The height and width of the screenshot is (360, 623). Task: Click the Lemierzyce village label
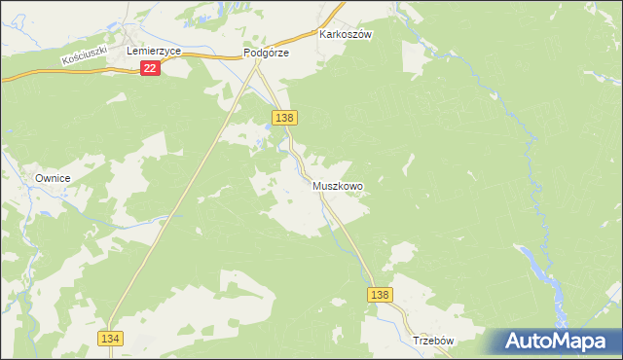[x=147, y=48]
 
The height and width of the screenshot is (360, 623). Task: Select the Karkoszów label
[x=347, y=33]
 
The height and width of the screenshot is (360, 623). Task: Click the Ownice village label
[x=54, y=179]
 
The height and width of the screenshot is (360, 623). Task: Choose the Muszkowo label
[x=338, y=185]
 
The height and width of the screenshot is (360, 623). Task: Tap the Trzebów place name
[x=434, y=342]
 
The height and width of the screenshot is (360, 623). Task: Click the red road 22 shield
[x=150, y=68]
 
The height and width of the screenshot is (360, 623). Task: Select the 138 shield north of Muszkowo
[x=284, y=118]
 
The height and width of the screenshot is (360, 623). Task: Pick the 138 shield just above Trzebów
[x=382, y=295]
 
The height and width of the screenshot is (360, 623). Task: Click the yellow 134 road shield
[x=109, y=337]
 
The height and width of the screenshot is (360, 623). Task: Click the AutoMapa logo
[x=554, y=342]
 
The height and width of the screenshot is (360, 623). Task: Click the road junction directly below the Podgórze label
[x=258, y=62]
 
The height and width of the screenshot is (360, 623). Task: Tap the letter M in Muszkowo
[x=317, y=185]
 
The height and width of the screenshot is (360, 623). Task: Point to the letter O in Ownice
[x=39, y=179]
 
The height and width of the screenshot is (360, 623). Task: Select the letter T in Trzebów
[x=416, y=342]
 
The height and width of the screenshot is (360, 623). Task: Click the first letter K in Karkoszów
[x=323, y=33]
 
